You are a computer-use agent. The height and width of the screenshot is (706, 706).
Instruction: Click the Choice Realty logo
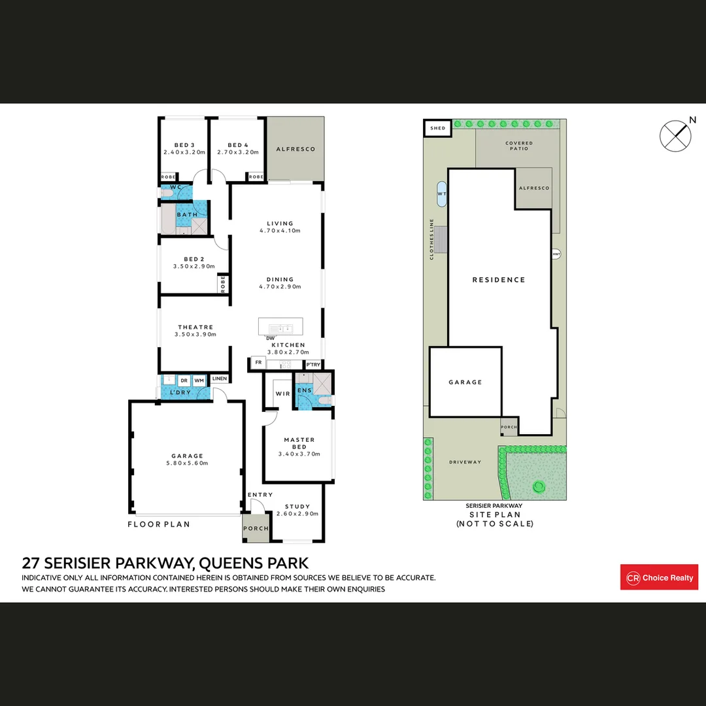[659, 577]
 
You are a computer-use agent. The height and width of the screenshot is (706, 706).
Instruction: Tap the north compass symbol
[675, 135]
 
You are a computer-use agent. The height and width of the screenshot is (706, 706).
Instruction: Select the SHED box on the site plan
[437, 128]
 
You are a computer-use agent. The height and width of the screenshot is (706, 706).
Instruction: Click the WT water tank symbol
[442, 193]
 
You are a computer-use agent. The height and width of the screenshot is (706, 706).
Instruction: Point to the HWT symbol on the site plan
[556, 254]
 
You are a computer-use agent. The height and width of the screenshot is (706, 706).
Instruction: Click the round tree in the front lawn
[539, 486]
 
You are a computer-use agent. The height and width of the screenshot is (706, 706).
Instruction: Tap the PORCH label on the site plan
[509, 427]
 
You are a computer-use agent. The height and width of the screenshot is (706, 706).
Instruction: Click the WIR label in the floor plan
[282, 394]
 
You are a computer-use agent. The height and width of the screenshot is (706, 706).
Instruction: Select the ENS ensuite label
[304, 391]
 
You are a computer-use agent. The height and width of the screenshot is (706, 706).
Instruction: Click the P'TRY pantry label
[314, 364]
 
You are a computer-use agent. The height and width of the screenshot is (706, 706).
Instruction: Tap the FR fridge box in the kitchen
[258, 361]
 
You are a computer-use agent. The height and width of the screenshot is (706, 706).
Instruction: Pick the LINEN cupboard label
[219, 378]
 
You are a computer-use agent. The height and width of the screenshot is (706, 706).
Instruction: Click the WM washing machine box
[199, 380]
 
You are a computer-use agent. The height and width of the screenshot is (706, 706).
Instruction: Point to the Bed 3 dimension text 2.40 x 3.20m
[184, 152]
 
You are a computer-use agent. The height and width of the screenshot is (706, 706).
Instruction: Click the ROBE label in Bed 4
[256, 176]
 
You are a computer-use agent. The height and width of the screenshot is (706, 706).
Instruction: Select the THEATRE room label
[195, 327]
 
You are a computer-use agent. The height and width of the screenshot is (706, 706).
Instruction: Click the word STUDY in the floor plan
[297, 506]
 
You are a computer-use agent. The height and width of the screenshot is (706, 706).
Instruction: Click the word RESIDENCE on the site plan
[499, 280]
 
